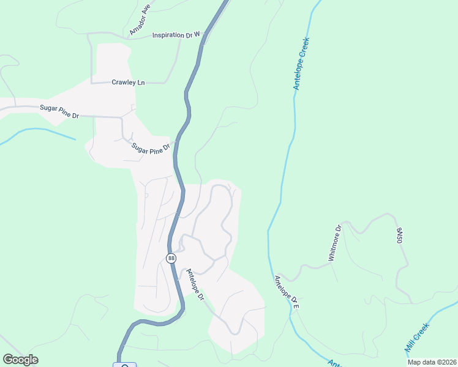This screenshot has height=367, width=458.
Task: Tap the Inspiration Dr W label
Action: [x=176, y=35]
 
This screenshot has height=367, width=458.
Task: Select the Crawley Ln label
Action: [x=128, y=83]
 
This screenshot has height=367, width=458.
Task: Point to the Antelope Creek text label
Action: [x=301, y=64]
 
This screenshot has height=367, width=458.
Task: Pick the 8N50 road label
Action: [x=399, y=236]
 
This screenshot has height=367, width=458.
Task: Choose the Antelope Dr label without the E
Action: [x=195, y=284]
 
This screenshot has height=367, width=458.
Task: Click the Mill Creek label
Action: [x=418, y=337]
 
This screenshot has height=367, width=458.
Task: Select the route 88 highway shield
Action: [x=171, y=259]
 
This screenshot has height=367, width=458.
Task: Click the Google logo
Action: [x=20, y=360]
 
